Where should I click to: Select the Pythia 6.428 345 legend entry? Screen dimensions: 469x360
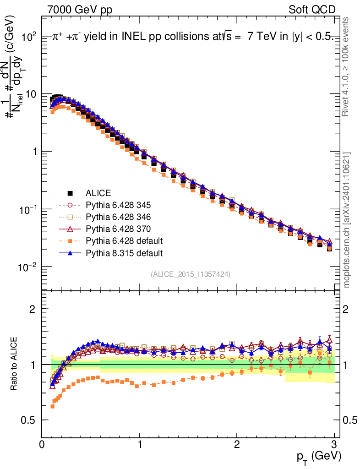pyautogui.click(x=118, y=205)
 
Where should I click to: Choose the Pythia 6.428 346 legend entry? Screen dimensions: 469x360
pyautogui.click(x=118, y=217)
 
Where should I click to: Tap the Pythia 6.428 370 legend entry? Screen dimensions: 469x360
pyautogui.click(x=118, y=229)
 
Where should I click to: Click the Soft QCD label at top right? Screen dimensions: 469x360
pyautogui.click(x=312, y=10)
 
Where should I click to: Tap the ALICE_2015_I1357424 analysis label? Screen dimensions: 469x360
pyautogui.click(x=190, y=274)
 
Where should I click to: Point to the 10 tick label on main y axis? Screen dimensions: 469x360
pyautogui.click(x=32, y=94)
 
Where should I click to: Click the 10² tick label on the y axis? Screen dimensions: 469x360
pyautogui.click(x=29, y=36)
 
